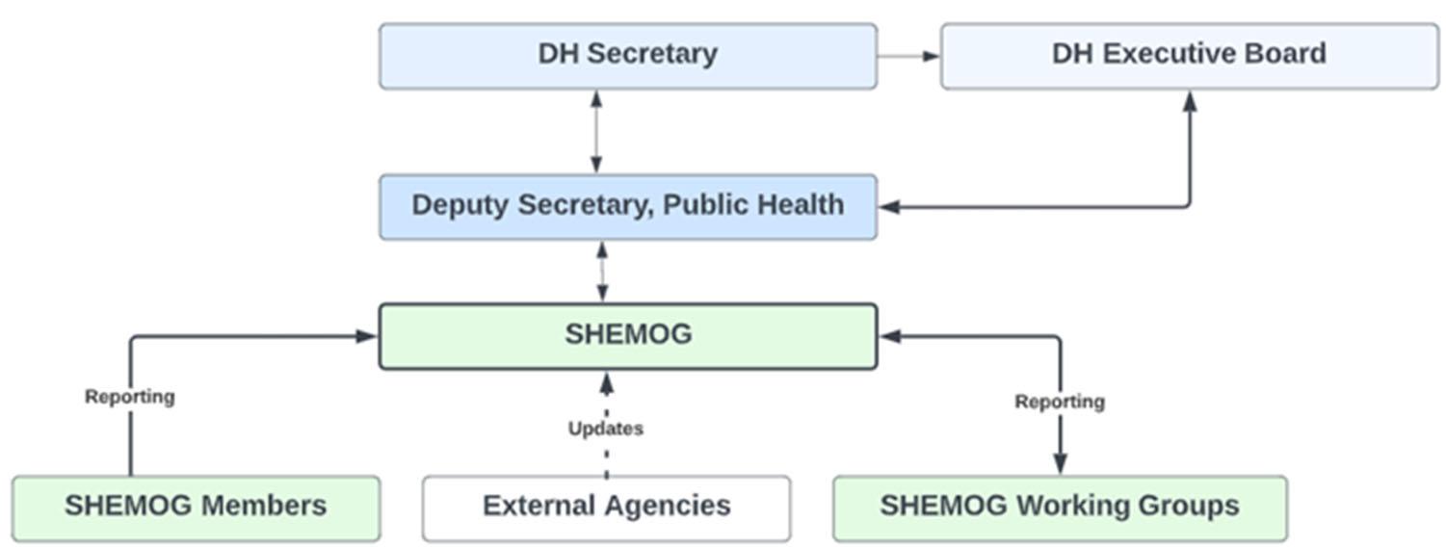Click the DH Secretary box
[627, 56]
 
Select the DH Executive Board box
[1189, 56]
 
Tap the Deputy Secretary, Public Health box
[627, 206]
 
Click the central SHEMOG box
[627, 336]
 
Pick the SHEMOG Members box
[196, 508]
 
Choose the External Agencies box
[606, 508]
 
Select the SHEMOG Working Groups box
[1059, 508]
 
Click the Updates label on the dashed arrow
[605, 429]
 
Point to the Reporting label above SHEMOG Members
[129, 397]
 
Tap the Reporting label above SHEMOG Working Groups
[1059, 402]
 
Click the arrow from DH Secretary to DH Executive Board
[908, 56]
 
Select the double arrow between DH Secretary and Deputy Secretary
[596, 132]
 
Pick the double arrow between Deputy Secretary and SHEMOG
[602, 272]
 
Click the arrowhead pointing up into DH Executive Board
[1190, 100]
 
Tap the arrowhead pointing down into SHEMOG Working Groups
[1060, 464]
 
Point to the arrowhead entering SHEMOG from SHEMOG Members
[365, 336]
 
